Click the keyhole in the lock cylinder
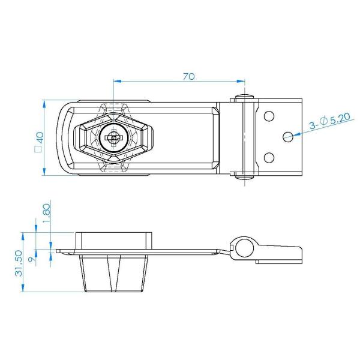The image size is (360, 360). (112, 138)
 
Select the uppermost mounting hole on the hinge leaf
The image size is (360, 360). (269, 115)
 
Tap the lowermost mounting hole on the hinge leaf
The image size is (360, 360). (269, 158)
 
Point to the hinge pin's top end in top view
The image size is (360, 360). (244, 97)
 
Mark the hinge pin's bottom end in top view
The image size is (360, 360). (244, 176)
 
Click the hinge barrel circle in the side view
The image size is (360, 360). (243, 247)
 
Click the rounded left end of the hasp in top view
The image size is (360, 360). (62, 138)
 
